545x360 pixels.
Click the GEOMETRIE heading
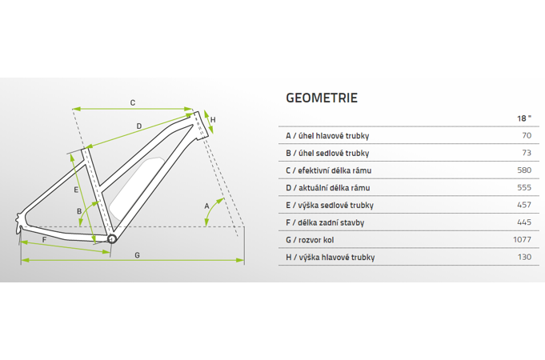tap(322, 98)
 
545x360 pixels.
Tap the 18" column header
tap(524, 118)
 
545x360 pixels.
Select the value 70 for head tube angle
tap(527, 135)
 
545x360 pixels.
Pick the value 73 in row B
tap(527, 153)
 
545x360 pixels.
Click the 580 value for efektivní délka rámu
tap(524, 170)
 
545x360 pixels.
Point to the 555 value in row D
tap(524, 188)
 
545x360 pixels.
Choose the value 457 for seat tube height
tap(524, 205)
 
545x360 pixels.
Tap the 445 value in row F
tap(524, 222)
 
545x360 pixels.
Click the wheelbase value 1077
tap(522, 240)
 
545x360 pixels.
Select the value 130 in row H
tap(524, 257)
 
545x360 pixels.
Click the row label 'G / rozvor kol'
tap(310, 240)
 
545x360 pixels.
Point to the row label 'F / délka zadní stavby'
tap(325, 222)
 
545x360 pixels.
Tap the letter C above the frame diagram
tap(133, 103)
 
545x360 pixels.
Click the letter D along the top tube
tap(139, 126)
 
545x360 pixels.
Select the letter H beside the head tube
tap(213, 120)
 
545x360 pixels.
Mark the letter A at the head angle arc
tap(206, 206)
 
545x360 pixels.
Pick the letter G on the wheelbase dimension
tap(138, 255)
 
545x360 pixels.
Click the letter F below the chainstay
tap(44, 240)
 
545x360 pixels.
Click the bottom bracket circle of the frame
tap(112, 238)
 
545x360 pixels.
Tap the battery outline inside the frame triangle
tap(137, 188)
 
